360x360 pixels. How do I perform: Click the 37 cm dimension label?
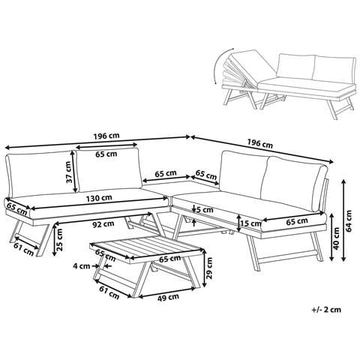69,172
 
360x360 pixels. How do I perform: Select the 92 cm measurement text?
103,224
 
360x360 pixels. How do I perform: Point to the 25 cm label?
59,239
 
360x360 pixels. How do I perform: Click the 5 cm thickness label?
205,210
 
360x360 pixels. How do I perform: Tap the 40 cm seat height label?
337,238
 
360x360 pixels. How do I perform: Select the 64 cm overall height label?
349,220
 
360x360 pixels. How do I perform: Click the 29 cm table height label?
209,268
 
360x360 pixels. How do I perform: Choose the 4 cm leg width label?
81,266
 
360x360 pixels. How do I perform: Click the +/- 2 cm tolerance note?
326,310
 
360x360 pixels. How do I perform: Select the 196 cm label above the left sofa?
106,136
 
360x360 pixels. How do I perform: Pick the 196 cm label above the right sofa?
260,143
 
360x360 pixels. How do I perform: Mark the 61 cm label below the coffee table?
109,292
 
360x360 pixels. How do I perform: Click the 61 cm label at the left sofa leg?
23,249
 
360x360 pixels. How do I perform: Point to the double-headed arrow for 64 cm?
344,220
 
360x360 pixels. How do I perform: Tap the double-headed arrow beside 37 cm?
75,172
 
